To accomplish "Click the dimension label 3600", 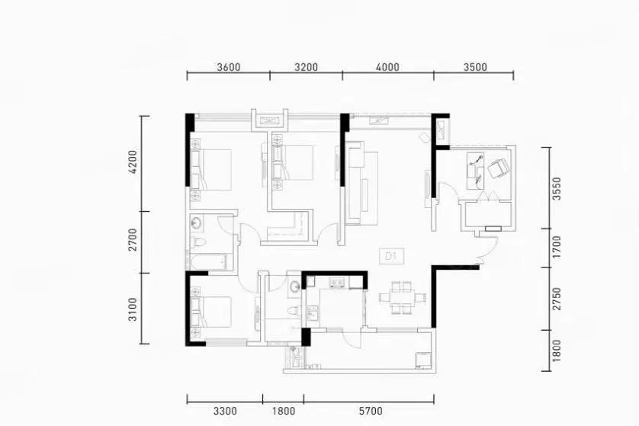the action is (229, 67).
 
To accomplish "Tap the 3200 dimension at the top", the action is (306, 67).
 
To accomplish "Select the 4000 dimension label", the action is (387, 67).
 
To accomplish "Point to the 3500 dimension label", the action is (475, 67).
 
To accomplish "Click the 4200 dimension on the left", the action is (133, 162).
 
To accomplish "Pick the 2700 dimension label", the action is (133, 240).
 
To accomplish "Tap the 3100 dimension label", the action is (133, 309).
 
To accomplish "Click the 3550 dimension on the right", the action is (557, 188).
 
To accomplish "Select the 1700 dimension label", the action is (557, 246).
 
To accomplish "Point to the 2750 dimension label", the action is (557, 299).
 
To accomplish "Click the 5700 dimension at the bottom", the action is (371, 411).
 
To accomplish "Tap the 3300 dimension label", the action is (225, 411).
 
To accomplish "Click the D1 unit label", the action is (392, 256).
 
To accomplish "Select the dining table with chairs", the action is (402, 298).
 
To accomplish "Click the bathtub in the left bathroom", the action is (208, 261).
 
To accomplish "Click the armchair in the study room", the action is (499, 168).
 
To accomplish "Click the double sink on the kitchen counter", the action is (337, 283).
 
